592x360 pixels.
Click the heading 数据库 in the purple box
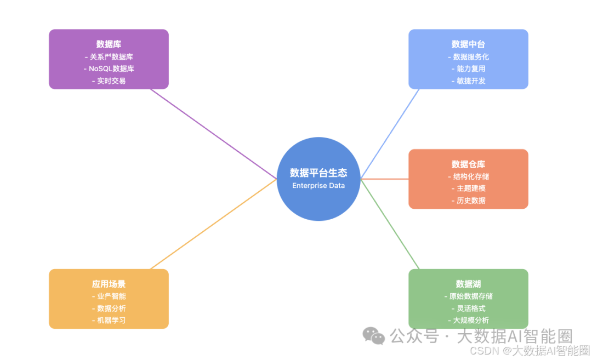(109, 44)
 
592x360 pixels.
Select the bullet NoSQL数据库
(111, 68)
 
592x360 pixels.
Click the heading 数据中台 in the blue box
(468, 44)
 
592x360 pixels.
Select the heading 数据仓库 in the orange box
(468, 164)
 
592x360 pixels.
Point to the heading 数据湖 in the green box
(468, 284)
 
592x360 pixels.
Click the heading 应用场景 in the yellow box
(109, 284)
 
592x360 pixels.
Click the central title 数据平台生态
(318, 173)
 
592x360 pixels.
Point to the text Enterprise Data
(318, 186)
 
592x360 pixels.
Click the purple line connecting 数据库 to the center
(214, 134)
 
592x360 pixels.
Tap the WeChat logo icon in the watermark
(374, 336)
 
